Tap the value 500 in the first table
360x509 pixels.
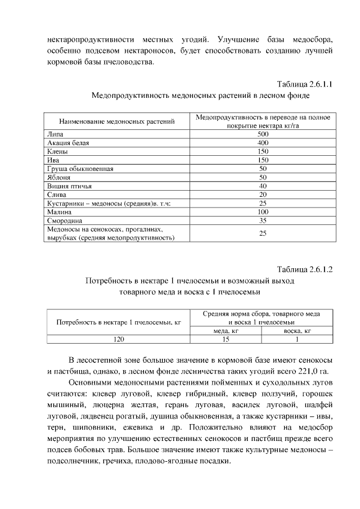263,134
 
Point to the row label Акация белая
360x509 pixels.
68,143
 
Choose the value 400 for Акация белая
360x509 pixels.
263,143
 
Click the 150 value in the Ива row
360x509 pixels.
263,160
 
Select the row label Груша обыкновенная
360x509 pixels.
80,169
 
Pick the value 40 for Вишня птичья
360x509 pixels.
263,186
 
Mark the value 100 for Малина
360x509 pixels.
263,211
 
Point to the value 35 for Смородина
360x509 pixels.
263,220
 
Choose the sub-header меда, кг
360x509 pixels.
225,331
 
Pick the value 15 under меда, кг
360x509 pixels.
225,339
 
